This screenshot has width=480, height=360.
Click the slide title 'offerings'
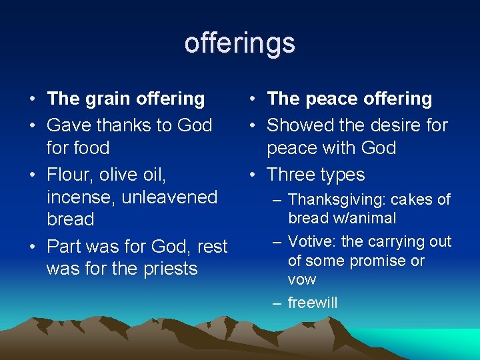239,43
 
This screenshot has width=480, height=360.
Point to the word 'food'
91,147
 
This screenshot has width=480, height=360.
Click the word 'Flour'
70,175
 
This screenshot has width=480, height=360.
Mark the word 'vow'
302,279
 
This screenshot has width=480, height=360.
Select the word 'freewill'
313,303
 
